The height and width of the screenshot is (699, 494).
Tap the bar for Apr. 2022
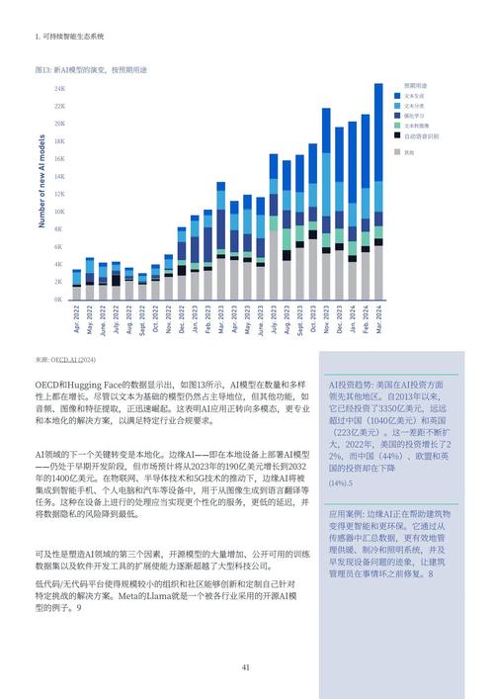(x=77, y=285)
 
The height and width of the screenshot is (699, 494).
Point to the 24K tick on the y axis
(x=59, y=89)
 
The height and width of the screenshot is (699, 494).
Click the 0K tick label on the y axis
(x=59, y=300)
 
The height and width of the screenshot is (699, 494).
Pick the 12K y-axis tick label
(x=59, y=195)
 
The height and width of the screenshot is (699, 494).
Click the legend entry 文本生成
(x=414, y=95)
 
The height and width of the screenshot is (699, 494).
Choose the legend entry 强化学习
(x=414, y=116)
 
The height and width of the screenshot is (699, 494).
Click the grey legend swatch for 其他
(x=398, y=151)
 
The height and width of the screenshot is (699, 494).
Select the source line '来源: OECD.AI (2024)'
(x=65, y=359)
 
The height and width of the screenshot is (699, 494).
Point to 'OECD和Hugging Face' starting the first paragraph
(x=75, y=383)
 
